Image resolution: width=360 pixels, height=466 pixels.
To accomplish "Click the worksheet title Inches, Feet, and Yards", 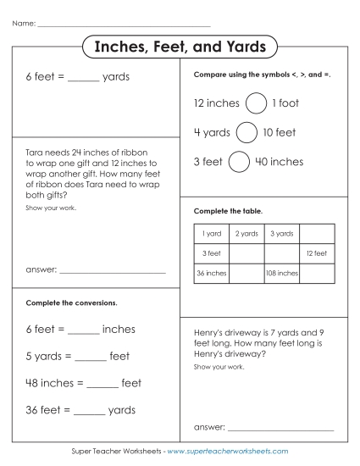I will pyautogui.click(x=180, y=47).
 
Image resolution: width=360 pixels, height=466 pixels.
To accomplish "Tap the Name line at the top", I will pyautogui.click(x=124, y=24).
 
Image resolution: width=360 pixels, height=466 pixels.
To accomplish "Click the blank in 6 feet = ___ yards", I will pyautogui.click(x=83, y=78).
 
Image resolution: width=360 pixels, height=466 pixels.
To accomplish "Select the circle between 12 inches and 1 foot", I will pyautogui.click(x=255, y=103).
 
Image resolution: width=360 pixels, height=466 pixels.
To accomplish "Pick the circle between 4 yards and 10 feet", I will pyautogui.click(x=246, y=132).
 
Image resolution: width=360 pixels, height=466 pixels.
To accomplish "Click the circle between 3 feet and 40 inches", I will pyautogui.click(x=239, y=161).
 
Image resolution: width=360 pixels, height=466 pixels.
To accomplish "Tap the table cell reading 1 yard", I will pyautogui.click(x=212, y=233).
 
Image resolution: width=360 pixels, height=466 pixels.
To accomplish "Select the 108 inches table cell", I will pyautogui.click(x=282, y=273).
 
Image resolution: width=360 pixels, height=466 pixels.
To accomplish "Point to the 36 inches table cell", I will pyautogui.click(x=212, y=273).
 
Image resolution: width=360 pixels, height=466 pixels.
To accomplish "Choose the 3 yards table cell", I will pyautogui.click(x=282, y=233).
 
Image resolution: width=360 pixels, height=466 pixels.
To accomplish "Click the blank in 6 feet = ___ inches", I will pyautogui.click(x=83, y=330).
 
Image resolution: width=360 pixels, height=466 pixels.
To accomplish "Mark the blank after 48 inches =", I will pyautogui.click(x=102, y=385).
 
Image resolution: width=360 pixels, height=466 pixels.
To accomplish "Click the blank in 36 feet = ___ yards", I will pyautogui.click(x=91, y=412).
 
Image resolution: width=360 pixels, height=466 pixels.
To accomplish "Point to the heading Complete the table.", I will pyautogui.click(x=229, y=209).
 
